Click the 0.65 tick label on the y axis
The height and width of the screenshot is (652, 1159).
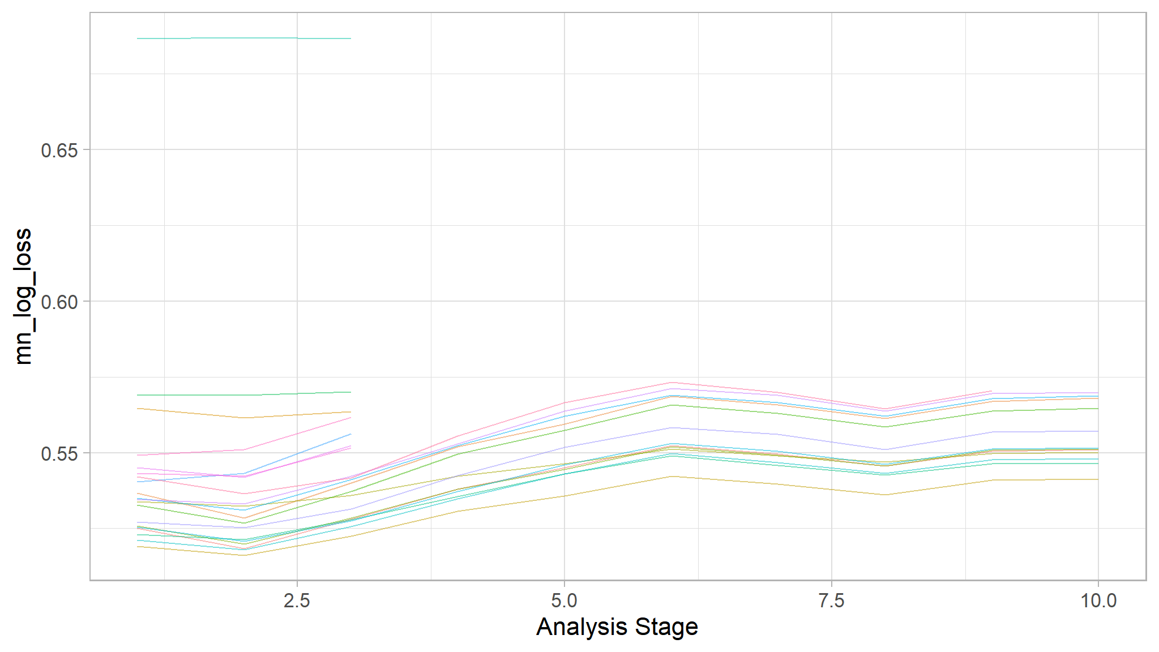tap(59, 151)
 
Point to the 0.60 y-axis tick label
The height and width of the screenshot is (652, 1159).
tap(59, 302)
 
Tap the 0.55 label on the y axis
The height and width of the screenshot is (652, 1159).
tap(59, 454)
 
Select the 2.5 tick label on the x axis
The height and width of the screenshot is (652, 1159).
tap(297, 600)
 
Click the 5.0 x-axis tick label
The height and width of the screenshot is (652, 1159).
tap(564, 600)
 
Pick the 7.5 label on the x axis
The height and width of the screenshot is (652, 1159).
tap(831, 600)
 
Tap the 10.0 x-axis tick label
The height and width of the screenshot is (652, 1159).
tap(1098, 600)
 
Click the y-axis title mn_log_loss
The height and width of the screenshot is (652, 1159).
tap(24, 297)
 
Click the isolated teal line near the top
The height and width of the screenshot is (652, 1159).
tap(243, 38)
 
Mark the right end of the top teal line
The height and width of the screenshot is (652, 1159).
tap(350, 38)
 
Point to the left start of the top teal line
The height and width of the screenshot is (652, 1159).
tap(138, 38)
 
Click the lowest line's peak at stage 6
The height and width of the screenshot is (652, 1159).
tap(671, 477)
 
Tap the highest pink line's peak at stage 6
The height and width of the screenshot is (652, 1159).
tap(671, 383)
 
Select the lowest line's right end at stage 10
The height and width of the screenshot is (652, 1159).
tap(1098, 479)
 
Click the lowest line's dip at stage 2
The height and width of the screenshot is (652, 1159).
tap(244, 555)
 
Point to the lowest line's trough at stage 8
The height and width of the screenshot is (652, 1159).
tap(885, 495)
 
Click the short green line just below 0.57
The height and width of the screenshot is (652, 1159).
tap(243, 394)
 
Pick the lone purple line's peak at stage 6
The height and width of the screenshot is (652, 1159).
tap(671, 428)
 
